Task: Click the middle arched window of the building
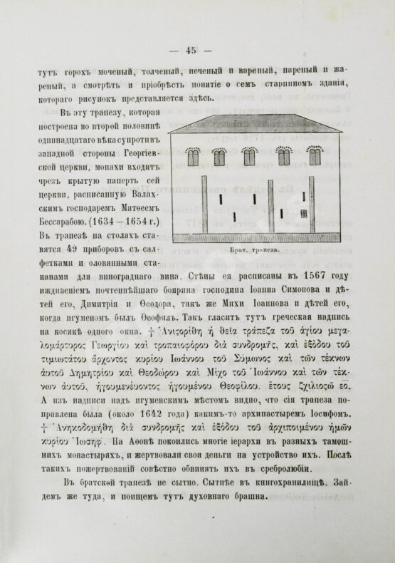point(251,155)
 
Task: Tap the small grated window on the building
point(305,213)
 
